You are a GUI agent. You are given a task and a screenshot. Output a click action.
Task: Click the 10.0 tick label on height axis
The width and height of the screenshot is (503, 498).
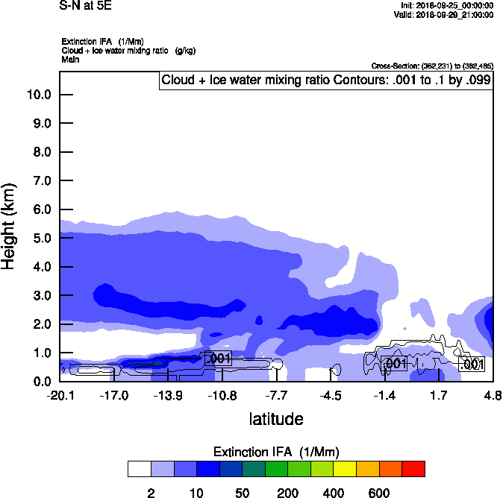click(x=39, y=95)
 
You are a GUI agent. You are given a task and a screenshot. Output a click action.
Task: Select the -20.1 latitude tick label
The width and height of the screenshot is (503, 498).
click(x=60, y=395)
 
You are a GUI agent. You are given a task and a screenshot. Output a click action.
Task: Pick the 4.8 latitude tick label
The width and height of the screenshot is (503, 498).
click(x=492, y=395)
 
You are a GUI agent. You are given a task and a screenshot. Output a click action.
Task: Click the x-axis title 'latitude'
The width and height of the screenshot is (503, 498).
click(x=276, y=419)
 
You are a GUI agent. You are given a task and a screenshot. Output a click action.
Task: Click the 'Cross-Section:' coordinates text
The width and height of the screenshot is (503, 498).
click(x=431, y=66)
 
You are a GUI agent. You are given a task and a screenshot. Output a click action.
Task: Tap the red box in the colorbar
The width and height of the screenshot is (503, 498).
click(x=413, y=469)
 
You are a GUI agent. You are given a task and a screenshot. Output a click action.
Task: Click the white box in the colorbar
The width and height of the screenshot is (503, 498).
click(x=140, y=469)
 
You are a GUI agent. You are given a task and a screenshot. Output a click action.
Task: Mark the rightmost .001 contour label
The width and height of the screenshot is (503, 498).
click(x=472, y=365)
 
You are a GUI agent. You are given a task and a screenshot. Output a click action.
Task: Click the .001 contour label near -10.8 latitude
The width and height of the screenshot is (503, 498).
click(x=218, y=359)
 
